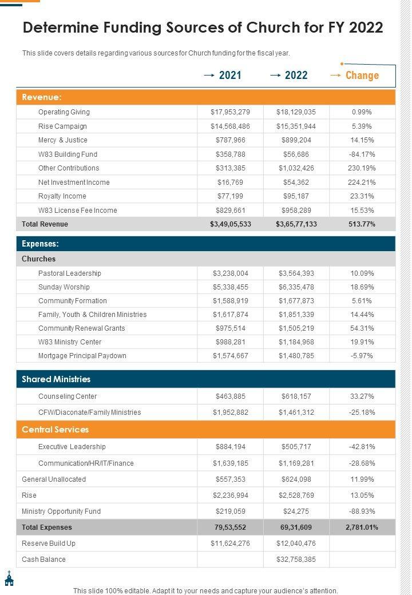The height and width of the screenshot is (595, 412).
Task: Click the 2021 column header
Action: pyautogui.click(x=229, y=75)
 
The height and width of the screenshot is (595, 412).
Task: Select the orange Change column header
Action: pyautogui.click(x=362, y=75)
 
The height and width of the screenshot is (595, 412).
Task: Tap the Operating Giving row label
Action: pyautogui.click(x=64, y=112)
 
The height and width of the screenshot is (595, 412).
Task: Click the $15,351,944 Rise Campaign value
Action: pyautogui.click(x=296, y=126)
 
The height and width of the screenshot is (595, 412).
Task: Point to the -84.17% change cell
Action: pyautogui.click(x=362, y=154)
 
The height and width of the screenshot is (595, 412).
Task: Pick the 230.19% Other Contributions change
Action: pyautogui.click(x=362, y=168)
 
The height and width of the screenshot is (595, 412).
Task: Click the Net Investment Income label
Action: pyautogui.click(x=74, y=183)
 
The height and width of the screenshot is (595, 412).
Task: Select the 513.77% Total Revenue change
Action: pyautogui.click(x=362, y=224)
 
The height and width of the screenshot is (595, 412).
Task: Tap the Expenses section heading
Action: pyautogui.click(x=41, y=244)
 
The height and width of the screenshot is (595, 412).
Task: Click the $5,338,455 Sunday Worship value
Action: pyautogui.click(x=231, y=287)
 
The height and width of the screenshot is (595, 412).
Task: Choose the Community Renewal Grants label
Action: pyautogui.click(x=81, y=328)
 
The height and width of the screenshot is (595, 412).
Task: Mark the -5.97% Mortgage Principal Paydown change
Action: pyautogui.click(x=362, y=356)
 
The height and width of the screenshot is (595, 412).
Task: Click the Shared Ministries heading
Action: pyautogui.click(x=56, y=379)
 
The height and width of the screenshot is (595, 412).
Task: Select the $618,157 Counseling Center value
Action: pyautogui.click(x=296, y=396)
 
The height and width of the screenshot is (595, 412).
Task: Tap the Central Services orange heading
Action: pyautogui.click(x=56, y=430)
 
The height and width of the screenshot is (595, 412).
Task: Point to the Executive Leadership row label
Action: pyautogui.click(x=72, y=447)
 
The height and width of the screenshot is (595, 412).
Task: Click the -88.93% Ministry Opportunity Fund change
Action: pyautogui.click(x=362, y=511)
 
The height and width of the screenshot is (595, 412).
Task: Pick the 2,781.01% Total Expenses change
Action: pyautogui.click(x=362, y=527)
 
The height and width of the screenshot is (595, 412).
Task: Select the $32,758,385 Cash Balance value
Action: pyautogui.click(x=296, y=560)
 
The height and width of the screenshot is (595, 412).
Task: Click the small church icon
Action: pyautogui.click(x=9, y=578)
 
